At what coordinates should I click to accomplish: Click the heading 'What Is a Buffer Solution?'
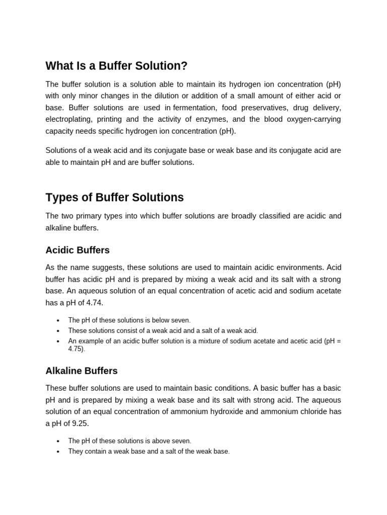116,66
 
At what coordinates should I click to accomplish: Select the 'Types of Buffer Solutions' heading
114,198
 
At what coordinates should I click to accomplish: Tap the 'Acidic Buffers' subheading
77,250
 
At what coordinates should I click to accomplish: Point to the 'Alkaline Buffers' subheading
81,371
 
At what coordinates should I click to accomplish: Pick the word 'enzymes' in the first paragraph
214,119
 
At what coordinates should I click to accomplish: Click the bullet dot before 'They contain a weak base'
58,452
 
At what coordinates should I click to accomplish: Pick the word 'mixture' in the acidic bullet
221,341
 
